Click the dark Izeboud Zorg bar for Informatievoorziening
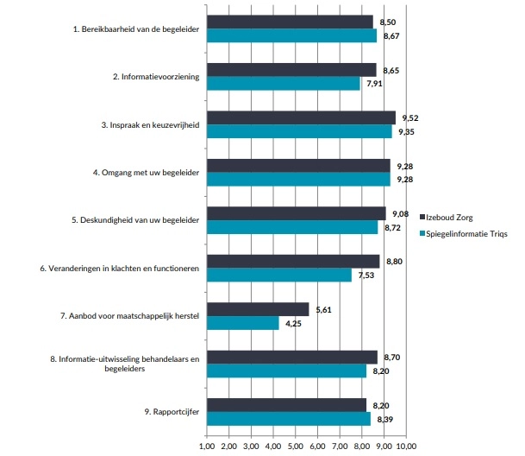point(291,70)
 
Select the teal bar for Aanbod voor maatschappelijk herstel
point(243,324)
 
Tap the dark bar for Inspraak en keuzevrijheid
point(301,117)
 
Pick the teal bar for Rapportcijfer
point(289,419)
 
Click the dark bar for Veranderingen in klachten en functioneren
point(293,261)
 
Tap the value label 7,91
point(374,85)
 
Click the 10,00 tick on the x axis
point(404,446)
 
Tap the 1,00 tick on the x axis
point(207,446)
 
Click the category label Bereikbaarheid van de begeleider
point(136,29)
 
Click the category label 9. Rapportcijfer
point(173,411)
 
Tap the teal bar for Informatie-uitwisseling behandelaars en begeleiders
point(287,371)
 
